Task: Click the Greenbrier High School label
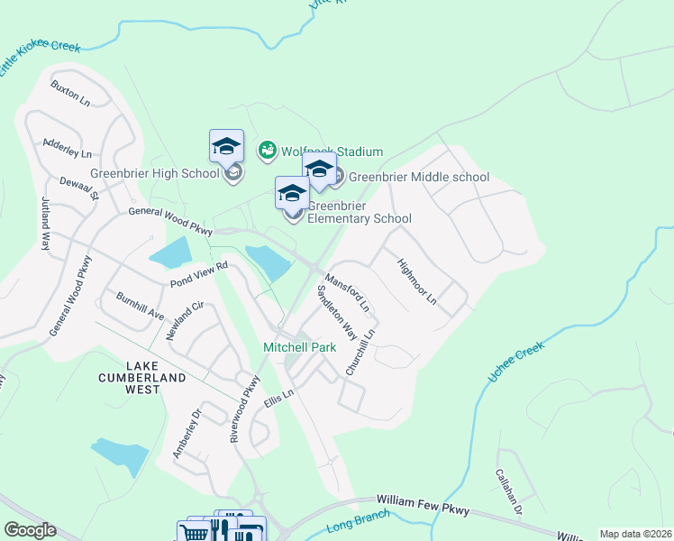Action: [154, 174]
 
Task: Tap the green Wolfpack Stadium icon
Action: [267, 151]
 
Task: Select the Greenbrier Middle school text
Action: [418, 178]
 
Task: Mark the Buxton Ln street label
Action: [70, 94]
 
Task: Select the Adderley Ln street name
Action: [67, 149]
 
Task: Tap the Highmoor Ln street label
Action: [416, 281]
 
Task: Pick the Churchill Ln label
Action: [359, 351]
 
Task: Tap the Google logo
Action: [30, 530]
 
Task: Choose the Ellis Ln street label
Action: [279, 399]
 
